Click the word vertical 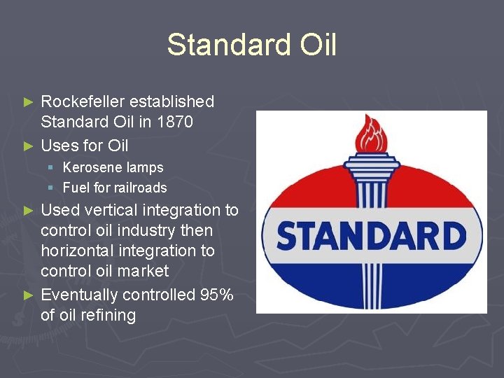[114, 210]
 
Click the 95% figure [216, 295]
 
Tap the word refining [107, 315]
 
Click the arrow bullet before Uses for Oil [28, 146]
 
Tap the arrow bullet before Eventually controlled [28, 295]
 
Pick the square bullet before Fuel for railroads [51, 188]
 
